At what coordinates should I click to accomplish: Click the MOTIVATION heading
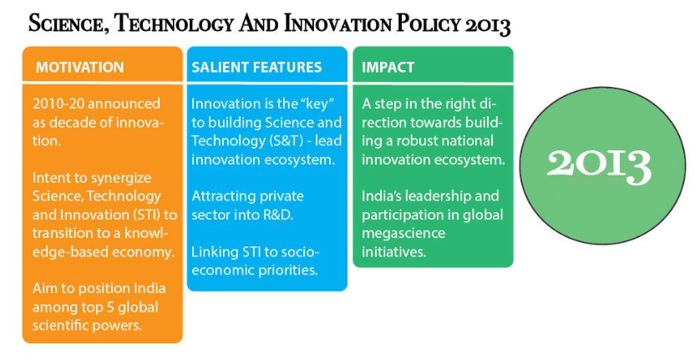[80, 67]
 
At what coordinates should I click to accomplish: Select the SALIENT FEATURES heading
[256, 67]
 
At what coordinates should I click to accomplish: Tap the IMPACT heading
[388, 67]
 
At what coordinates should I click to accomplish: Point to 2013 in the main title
[488, 26]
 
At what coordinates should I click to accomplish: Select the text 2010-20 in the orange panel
[58, 104]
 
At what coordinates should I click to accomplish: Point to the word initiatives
[393, 252]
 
